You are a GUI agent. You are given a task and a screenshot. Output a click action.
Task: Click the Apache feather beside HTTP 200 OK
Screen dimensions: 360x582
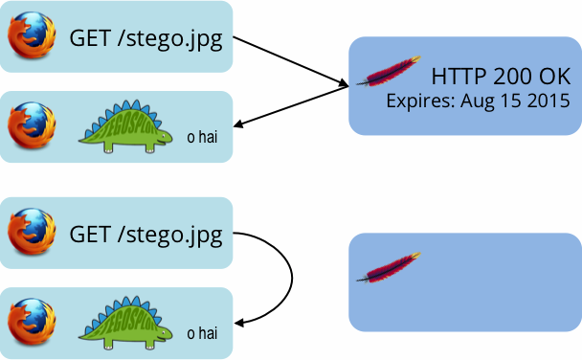[389, 72]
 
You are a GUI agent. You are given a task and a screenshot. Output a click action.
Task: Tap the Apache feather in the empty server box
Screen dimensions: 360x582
[389, 267]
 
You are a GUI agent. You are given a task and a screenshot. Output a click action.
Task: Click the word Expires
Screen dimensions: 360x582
[418, 100]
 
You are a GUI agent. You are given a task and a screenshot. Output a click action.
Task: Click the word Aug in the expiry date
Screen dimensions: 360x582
[481, 100]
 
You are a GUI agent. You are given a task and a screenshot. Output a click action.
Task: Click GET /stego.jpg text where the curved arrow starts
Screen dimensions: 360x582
[146, 235]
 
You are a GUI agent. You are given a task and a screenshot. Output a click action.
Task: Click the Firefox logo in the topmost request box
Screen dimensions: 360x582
[30, 37]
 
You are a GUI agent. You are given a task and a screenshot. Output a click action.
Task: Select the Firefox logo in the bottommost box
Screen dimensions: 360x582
[30, 322]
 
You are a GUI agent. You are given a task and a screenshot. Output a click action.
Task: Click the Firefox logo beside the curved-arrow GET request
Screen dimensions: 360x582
[30, 234]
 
